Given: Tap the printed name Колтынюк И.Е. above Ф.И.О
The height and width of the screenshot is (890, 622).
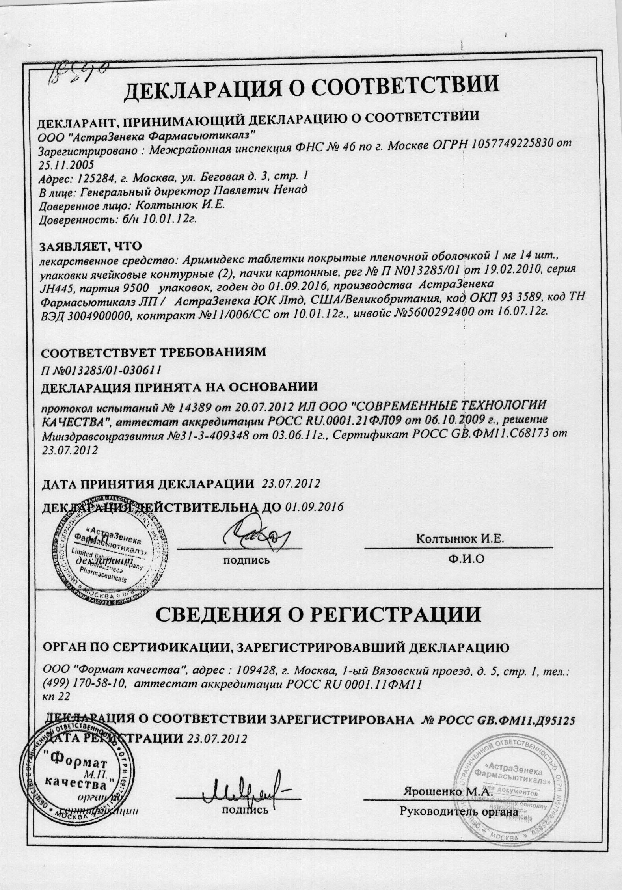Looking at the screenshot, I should point(460,540).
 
